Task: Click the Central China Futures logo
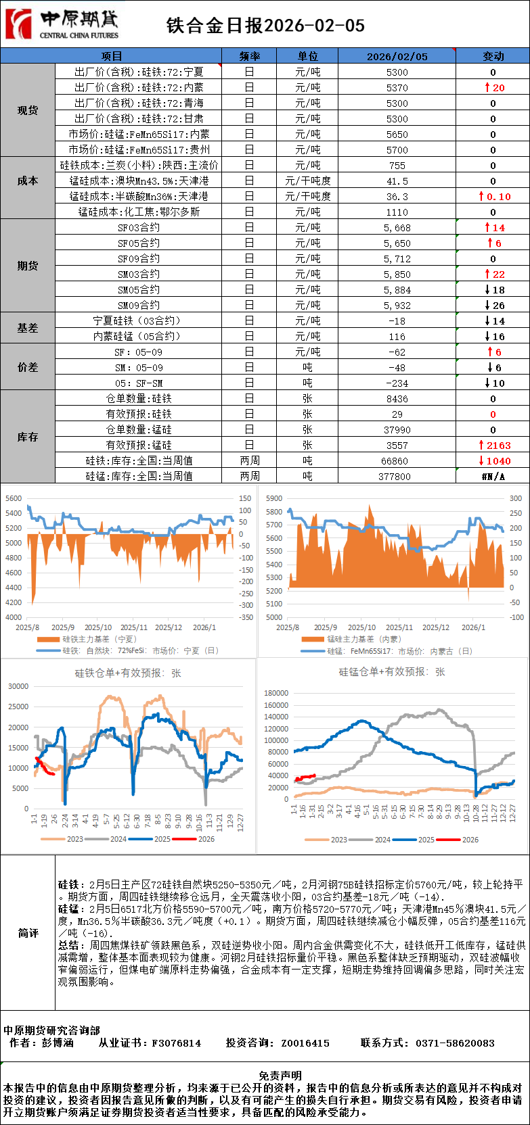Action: pos(62,24)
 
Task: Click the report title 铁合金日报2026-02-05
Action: pos(265,25)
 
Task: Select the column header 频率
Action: pos(249,56)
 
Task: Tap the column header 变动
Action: pos(493,56)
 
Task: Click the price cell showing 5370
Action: pos(397,88)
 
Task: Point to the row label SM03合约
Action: pos(139,274)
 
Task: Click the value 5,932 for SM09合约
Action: pos(397,306)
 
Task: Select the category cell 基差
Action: pos(28,328)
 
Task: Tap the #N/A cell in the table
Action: pos(493,477)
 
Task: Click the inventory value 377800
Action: pos(397,477)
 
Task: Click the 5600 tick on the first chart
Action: pos(14,498)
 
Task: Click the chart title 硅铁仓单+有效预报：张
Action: pos(128,673)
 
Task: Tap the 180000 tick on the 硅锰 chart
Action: pos(276,693)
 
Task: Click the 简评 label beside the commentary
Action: pos(28,933)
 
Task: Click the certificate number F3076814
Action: pos(176,1043)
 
